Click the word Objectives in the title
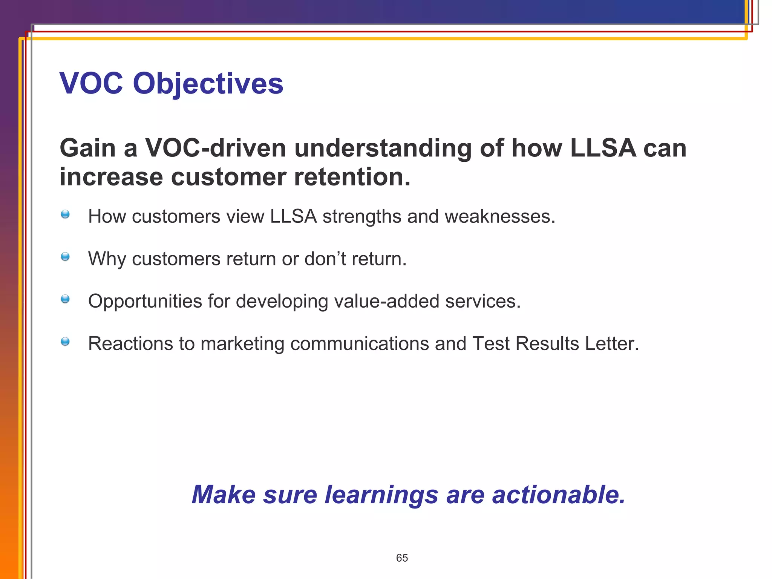pyautogui.click(x=208, y=84)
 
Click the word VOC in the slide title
pyautogui.click(x=91, y=84)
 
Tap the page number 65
pyautogui.click(x=402, y=558)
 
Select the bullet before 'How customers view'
pyautogui.click(x=65, y=214)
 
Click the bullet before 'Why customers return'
pyautogui.click(x=65, y=257)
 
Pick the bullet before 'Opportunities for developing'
pyautogui.click(x=65, y=299)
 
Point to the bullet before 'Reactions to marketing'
pyautogui.click(x=65, y=342)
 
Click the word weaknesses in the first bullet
pyautogui.click(x=499, y=217)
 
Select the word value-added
pyautogui.click(x=386, y=302)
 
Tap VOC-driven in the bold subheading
pyautogui.click(x=216, y=148)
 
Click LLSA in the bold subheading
pyautogui.click(x=603, y=148)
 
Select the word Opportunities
pyautogui.click(x=145, y=302)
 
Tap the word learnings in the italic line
pyautogui.click(x=381, y=495)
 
